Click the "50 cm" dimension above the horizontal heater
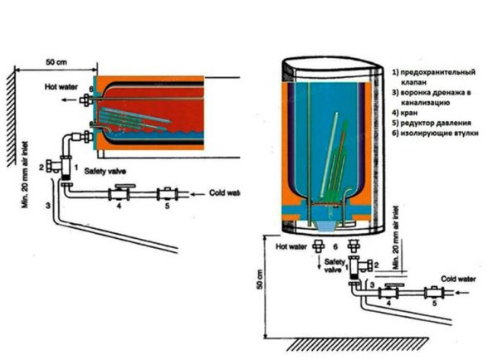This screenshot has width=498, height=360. pyautogui.click(x=56, y=63)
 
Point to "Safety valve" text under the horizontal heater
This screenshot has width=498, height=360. pyautogui.click(x=104, y=178)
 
